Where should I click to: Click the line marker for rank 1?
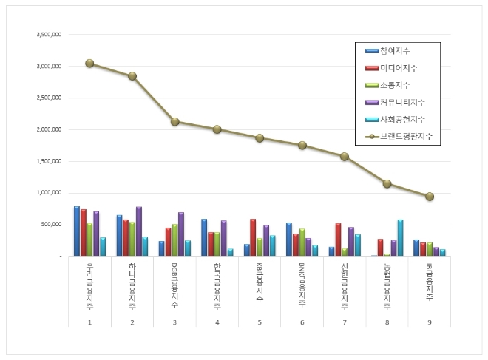pyautogui.click(x=89, y=64)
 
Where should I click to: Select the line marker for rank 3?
pyautogui.click(x=174, y=121)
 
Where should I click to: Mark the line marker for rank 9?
pyautogui.click(x=430, y=197)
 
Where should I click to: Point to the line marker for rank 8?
pyautogui.click(x=387, y=183)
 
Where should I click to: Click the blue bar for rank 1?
pyautogui.click(x=77, y=231)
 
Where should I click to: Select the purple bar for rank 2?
pyautogui.click(x=138, y=231)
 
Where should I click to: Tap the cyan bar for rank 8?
pyautogui.click(x=400, y=237)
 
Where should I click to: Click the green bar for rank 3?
pyautogui.click(x=174, y=240)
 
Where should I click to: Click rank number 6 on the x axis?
pyautogui.click(x=302, y=322)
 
